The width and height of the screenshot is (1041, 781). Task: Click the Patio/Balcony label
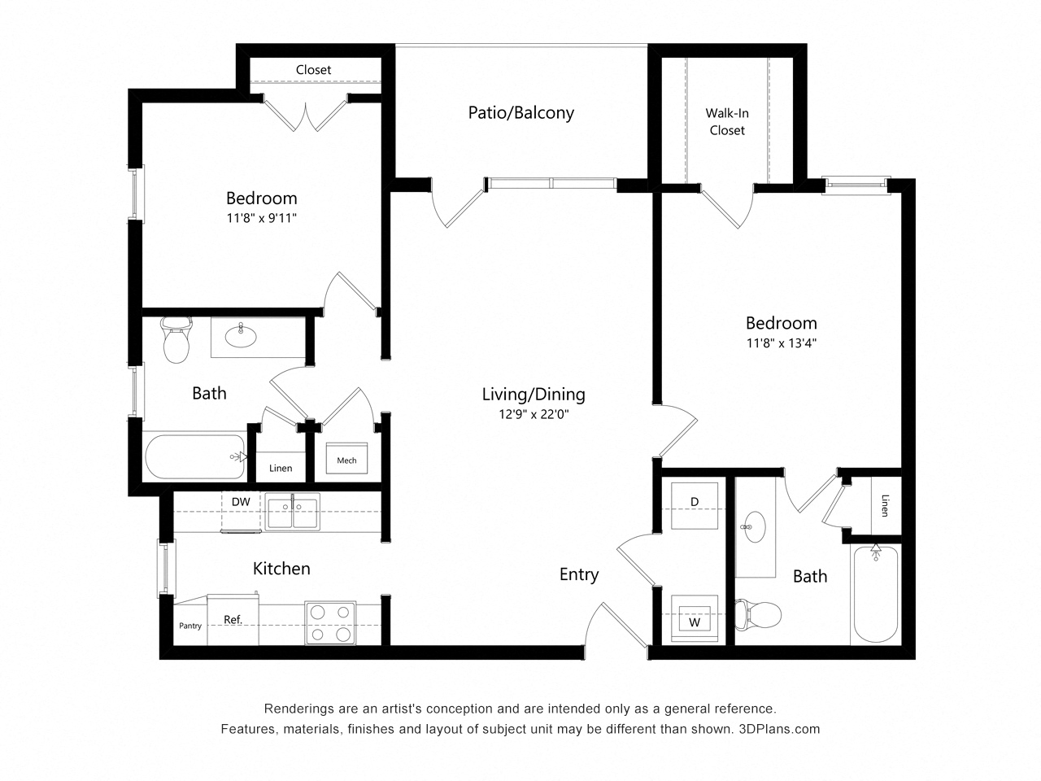click(520, 113)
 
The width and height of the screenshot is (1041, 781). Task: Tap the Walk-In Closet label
click(726, 122)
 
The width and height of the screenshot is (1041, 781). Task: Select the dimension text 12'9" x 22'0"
click(534, 414)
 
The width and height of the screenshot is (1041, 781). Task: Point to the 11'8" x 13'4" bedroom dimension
click(781, 343)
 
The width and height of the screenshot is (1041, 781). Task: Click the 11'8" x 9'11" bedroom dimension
click(261, 218)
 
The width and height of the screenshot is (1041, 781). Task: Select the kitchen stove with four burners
click(330, 622)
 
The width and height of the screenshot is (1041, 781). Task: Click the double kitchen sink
click(291, 512)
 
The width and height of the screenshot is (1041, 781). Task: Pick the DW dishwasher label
click(241, 502)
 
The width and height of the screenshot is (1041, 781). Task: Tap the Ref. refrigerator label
click(233, 620)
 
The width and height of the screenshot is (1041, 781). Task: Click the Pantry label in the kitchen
click(190, 626)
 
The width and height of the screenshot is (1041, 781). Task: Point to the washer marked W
click(695, 620)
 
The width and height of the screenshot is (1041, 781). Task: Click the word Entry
click(578, 574)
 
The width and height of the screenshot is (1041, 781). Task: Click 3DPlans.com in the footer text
click(778, 729)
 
